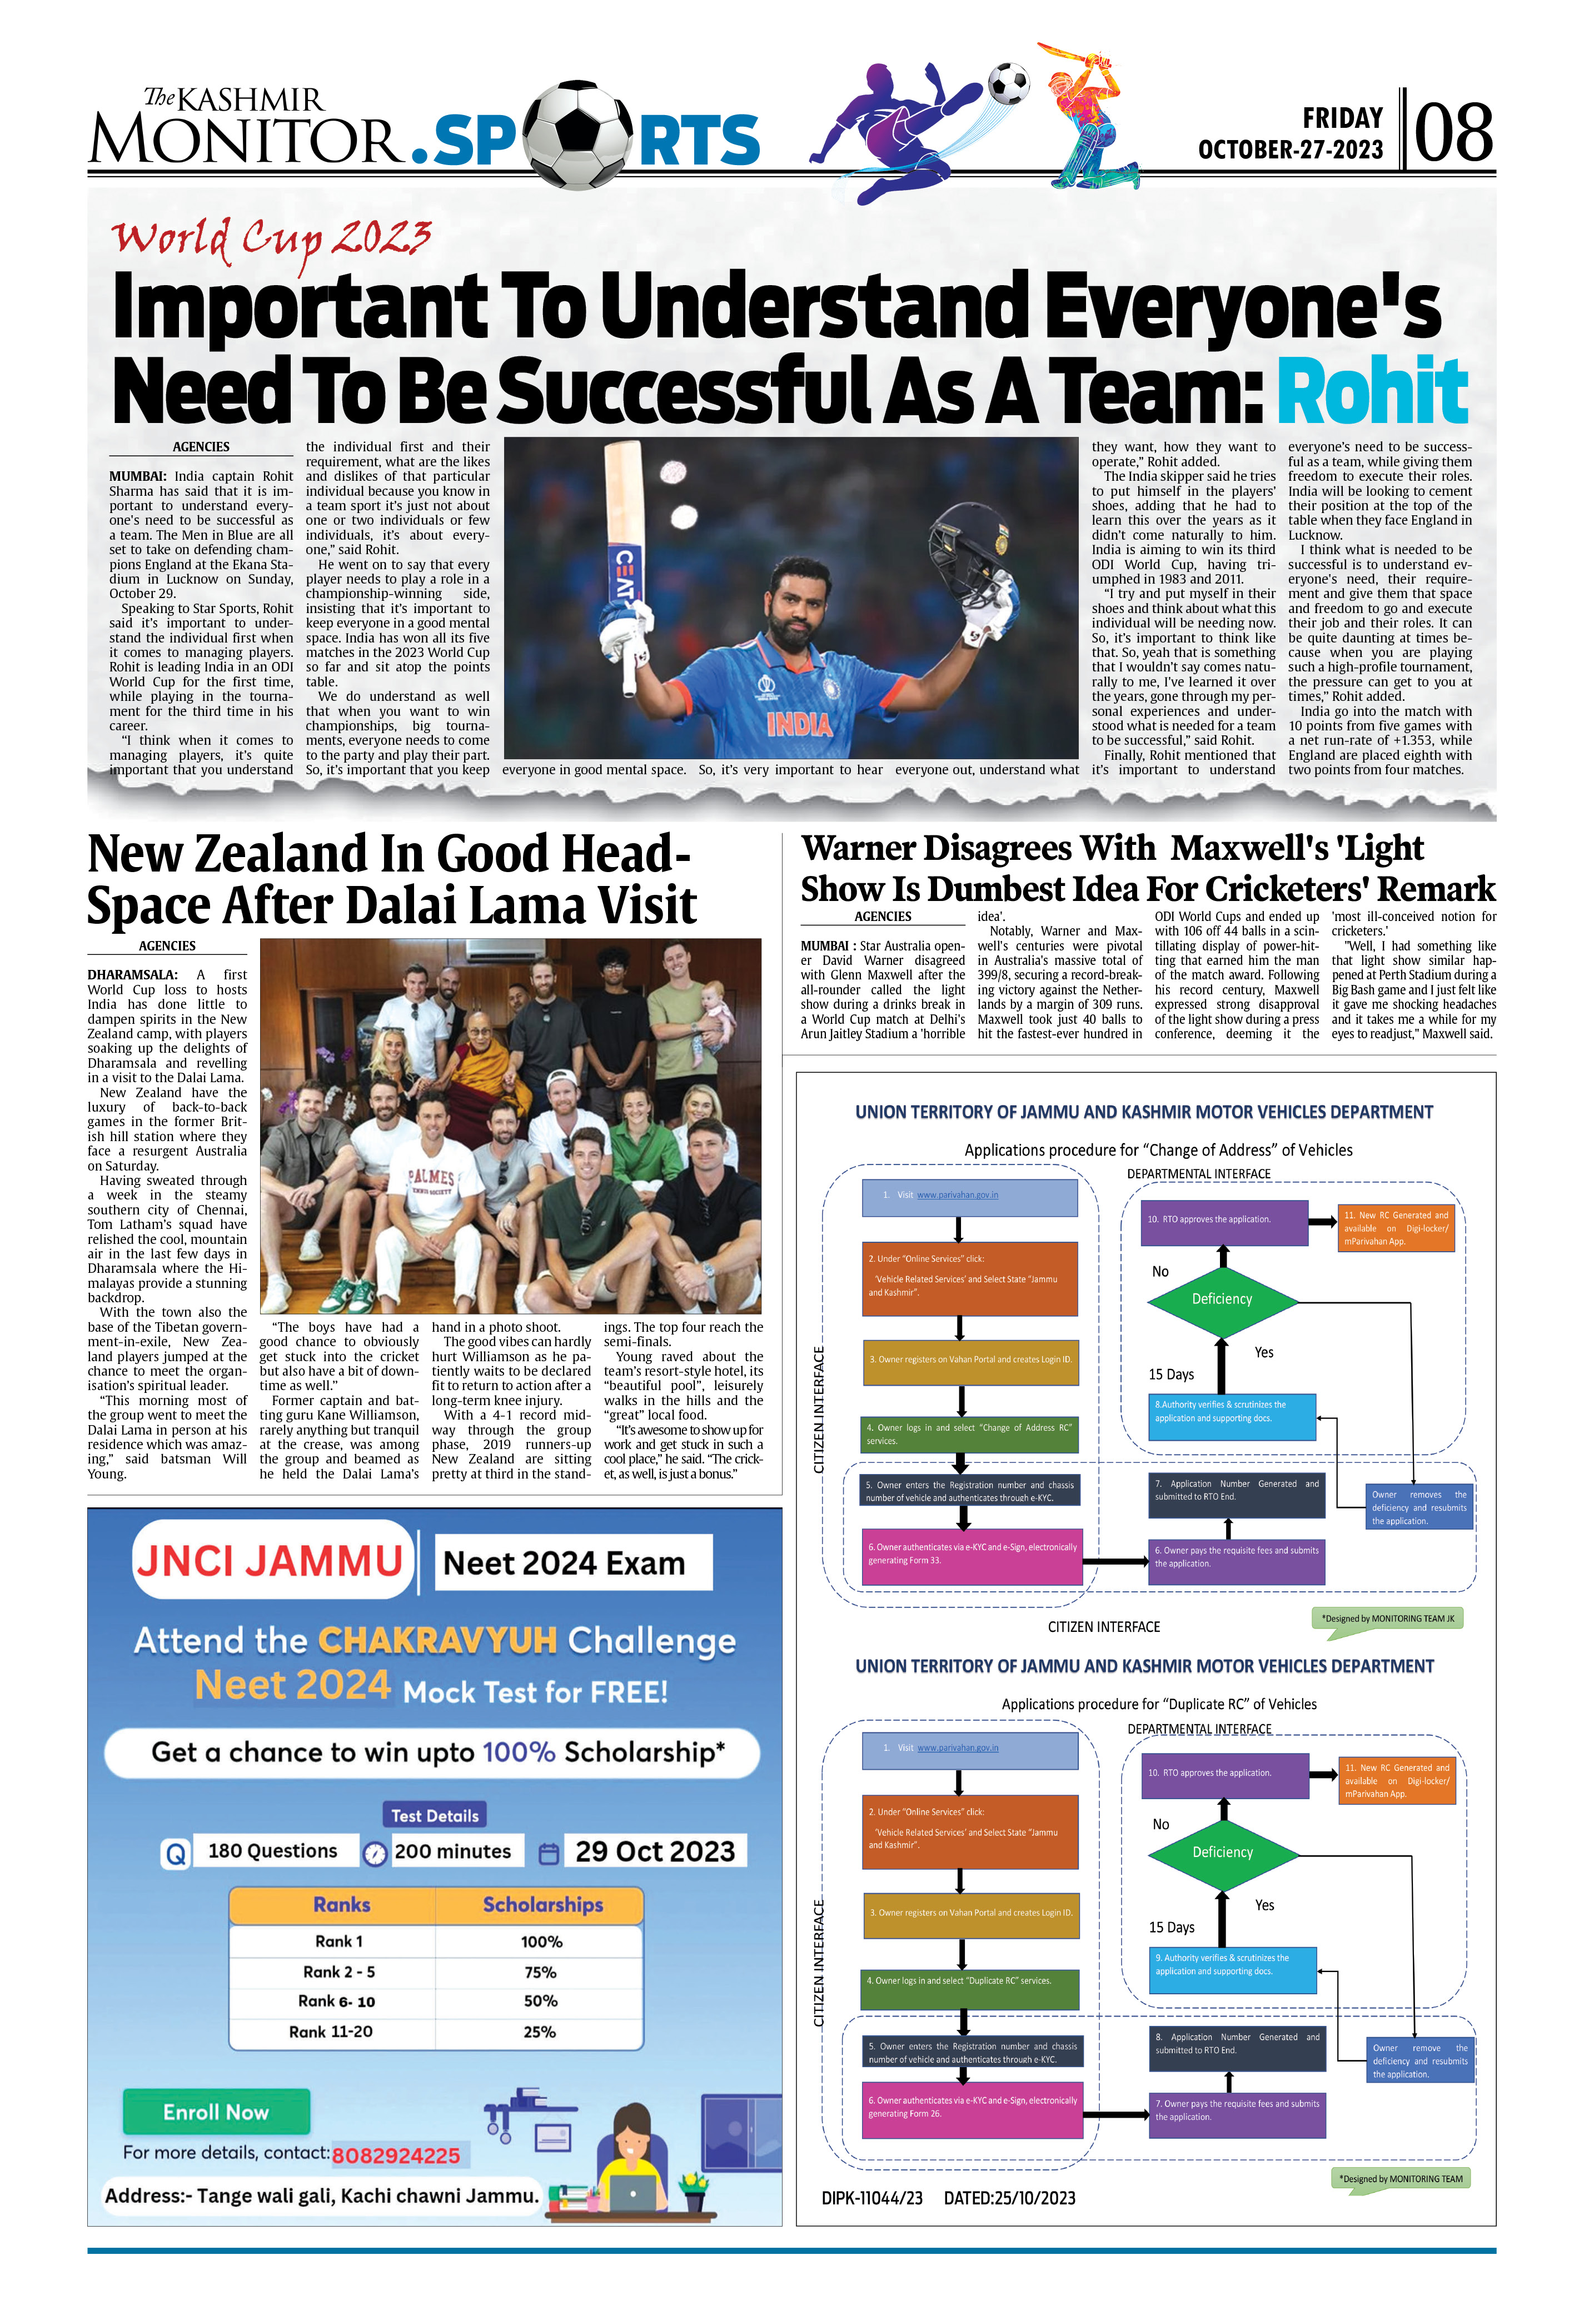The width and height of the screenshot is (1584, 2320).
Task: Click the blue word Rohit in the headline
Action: coord(1371,390)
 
